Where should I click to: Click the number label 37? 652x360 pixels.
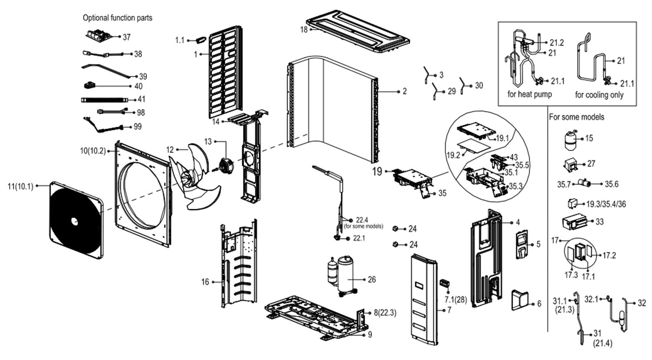126,37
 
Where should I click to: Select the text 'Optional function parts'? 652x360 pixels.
117,18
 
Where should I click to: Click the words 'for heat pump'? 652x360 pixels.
529,94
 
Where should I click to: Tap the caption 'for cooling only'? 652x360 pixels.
599,95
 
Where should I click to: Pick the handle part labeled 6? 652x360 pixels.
520,300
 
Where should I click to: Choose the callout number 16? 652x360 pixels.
205,282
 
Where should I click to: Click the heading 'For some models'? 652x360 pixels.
577,117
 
